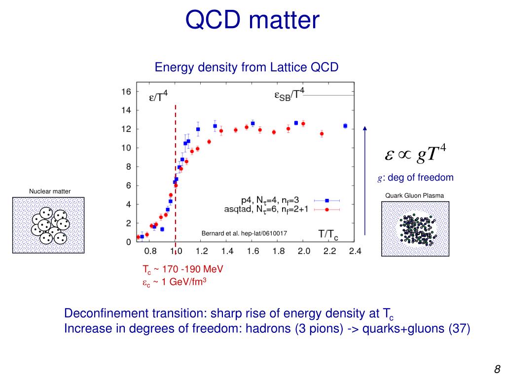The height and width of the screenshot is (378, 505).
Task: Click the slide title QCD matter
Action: pyautogui.click(x=252, y=21)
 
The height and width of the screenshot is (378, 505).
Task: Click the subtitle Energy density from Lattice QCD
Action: pyautogui.click(x=247, y=67)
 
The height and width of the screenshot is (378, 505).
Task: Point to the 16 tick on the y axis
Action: pyautogui.click(x=126, y=92)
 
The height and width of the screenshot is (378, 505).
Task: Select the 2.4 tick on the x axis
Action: pyautogui.click(x=355, y=251)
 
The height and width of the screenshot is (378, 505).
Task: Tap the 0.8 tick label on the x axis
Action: pyautogui.click(x=150, y=251)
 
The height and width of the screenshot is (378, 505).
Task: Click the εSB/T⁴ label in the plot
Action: pyautogui.click(x=289, y=94)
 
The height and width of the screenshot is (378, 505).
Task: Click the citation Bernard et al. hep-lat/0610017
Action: pyautogui.click(x=244, y=233)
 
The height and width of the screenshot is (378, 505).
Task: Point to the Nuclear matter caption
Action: pyautogui.click(x=50, y=191)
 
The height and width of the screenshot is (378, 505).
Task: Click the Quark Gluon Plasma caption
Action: pyautogui.click(x=415, y=195)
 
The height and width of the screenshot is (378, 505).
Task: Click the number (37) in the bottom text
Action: pyautogui.click(x=459, y=329)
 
